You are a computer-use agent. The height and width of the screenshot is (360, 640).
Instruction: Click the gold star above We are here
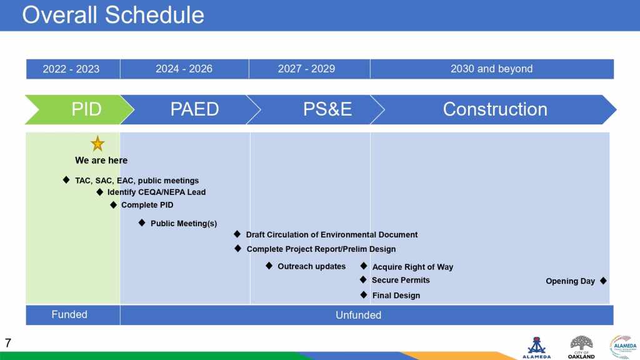(x=97, y=144)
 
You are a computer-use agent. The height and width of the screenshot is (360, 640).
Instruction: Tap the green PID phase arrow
(x=79, y=109)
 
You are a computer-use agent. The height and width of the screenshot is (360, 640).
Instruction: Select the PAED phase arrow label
(x=195, y=109)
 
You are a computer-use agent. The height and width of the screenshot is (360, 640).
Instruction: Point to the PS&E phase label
(x=327, y=109)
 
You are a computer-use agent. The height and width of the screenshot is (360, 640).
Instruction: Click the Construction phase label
(x=495, y=109)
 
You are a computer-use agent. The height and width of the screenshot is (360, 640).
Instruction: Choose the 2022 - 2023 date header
(x=71, y=69)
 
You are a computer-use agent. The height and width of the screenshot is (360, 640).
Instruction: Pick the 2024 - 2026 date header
(x=184, y=69)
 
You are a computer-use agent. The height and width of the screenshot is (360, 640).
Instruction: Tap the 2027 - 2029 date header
(x=306, y=69)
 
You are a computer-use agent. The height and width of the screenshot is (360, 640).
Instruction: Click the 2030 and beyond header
(x=491, y=69)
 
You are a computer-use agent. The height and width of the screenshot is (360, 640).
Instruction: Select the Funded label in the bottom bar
(x=69, y=315)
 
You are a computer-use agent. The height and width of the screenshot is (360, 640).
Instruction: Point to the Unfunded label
(x=358, y=315)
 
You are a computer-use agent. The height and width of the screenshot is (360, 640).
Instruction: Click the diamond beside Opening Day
(x=603, y=281)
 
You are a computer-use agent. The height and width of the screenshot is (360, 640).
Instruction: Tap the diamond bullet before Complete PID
(x=114, y=204)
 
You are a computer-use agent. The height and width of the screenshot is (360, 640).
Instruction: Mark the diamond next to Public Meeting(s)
(x=142, y=222)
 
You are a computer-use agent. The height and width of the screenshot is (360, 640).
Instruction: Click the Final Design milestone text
(x=396, y=296)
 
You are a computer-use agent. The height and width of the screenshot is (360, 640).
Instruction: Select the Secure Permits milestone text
(x=401, y=280)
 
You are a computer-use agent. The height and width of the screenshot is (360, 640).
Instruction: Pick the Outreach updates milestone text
(x=311, y=266)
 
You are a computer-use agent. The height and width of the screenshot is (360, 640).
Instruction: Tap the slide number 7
(x=7, y=343)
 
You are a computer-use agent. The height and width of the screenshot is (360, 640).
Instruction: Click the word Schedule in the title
(x=154, y=15)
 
